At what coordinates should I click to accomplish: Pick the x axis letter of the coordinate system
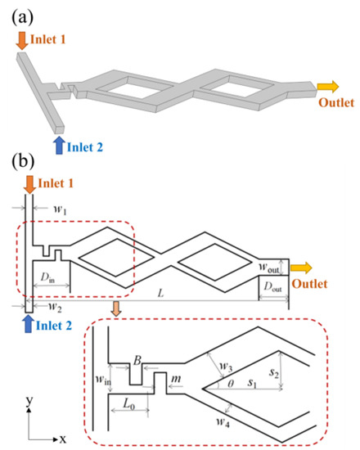tap(62, 438)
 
